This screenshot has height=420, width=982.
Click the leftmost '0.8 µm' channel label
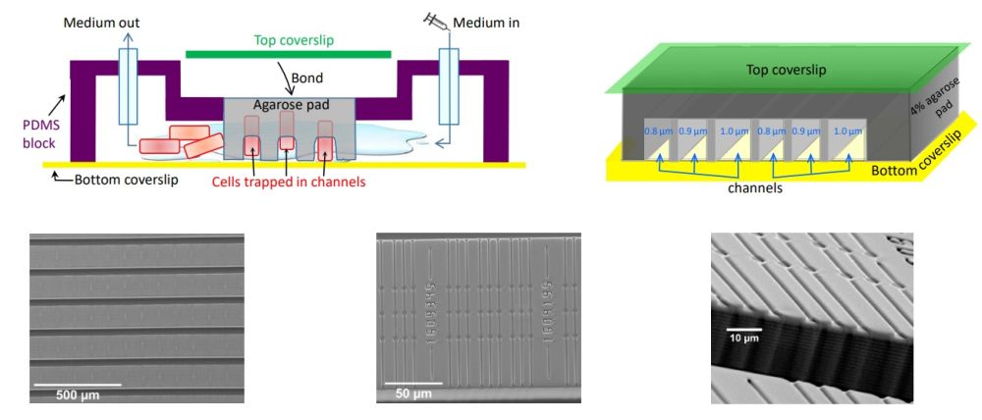pyautogui.click(x=656, y=131)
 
